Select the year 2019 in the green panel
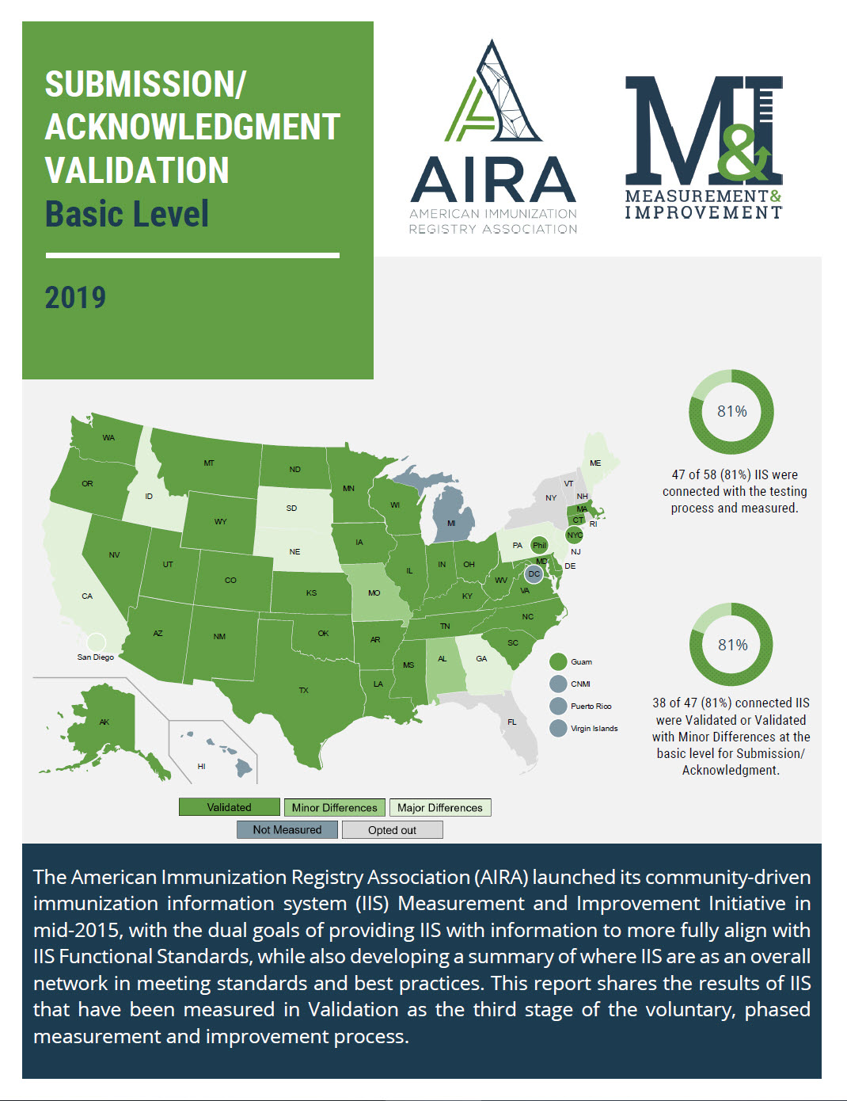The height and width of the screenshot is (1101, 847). (x=75, y=298)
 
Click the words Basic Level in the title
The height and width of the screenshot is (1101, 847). (x=127, y=214)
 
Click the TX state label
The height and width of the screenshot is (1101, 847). (x=303, y=691)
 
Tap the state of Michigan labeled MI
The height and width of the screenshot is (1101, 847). (x=451, y=523)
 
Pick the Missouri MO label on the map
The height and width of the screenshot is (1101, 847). (x=374, y=592)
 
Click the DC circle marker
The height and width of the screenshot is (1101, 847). (x=534, y=574)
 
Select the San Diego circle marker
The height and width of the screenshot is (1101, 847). (x=96, y=642)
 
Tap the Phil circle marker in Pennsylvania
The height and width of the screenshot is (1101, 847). (x=539, y=545)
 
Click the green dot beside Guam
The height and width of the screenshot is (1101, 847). (x=558, y=662)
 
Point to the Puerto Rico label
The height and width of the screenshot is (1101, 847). (x=591, y=707)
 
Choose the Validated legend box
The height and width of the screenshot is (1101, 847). (x=230, y=807)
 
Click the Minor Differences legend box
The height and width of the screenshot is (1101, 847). (x=335, y=808)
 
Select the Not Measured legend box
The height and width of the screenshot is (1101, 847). (x=287, y=830)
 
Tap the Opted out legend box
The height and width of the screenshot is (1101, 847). (x=392, y=830)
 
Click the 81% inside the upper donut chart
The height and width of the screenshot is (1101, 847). (x=732, y=411)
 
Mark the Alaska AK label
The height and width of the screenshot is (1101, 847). (x=104, y=722)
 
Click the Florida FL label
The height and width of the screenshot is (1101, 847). (x=512, y=722)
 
